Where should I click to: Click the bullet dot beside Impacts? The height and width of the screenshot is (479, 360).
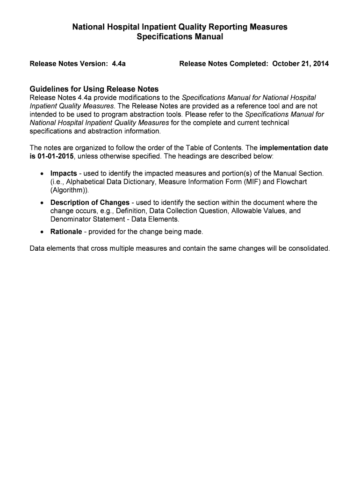[42, 174]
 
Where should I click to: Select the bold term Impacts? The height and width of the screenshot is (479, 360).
[64, 174]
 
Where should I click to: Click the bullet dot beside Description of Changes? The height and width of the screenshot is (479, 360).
[42, 203]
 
